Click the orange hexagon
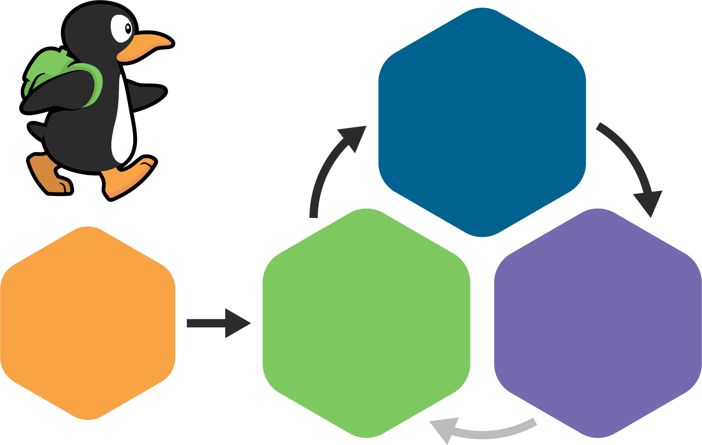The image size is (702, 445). point(88,323)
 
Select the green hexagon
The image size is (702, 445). point(366,323)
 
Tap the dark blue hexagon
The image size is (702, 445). point(482,122)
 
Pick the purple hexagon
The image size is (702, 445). point(598,323)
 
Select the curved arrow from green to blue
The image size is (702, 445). point(324,176)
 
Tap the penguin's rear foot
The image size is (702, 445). point(49,176)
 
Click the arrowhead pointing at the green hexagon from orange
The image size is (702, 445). point(236,323)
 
